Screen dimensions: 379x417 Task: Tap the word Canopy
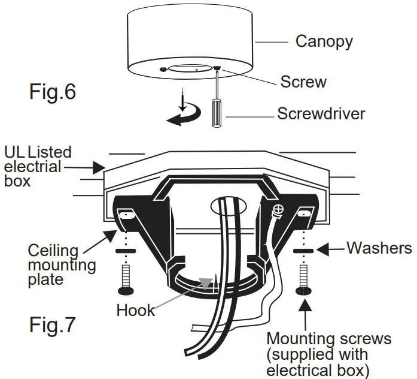coord(324,41)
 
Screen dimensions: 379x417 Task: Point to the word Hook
coord(135,310)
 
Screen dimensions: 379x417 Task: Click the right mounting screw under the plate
coord(303,281)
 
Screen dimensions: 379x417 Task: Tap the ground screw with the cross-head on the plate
coord(278,210)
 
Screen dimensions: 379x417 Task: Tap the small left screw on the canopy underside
coord(163,69)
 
